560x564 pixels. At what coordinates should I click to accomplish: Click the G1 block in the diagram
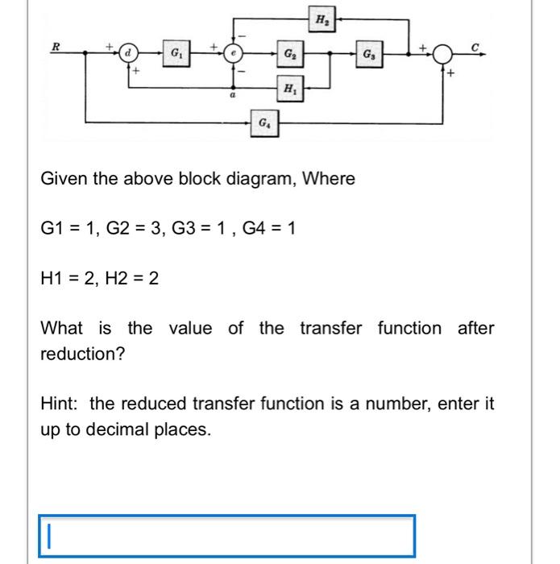175,54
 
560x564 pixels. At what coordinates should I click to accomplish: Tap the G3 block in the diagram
367,55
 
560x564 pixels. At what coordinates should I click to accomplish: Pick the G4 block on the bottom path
264,123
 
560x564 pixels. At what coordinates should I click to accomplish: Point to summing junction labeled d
128,54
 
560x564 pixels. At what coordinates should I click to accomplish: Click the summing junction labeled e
234,54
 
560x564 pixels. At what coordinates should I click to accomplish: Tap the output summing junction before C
442,54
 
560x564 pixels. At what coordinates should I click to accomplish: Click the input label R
56,47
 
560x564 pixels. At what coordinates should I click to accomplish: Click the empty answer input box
226,535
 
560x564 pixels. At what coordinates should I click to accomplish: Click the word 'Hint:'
60,404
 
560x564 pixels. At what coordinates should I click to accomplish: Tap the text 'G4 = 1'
267,229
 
